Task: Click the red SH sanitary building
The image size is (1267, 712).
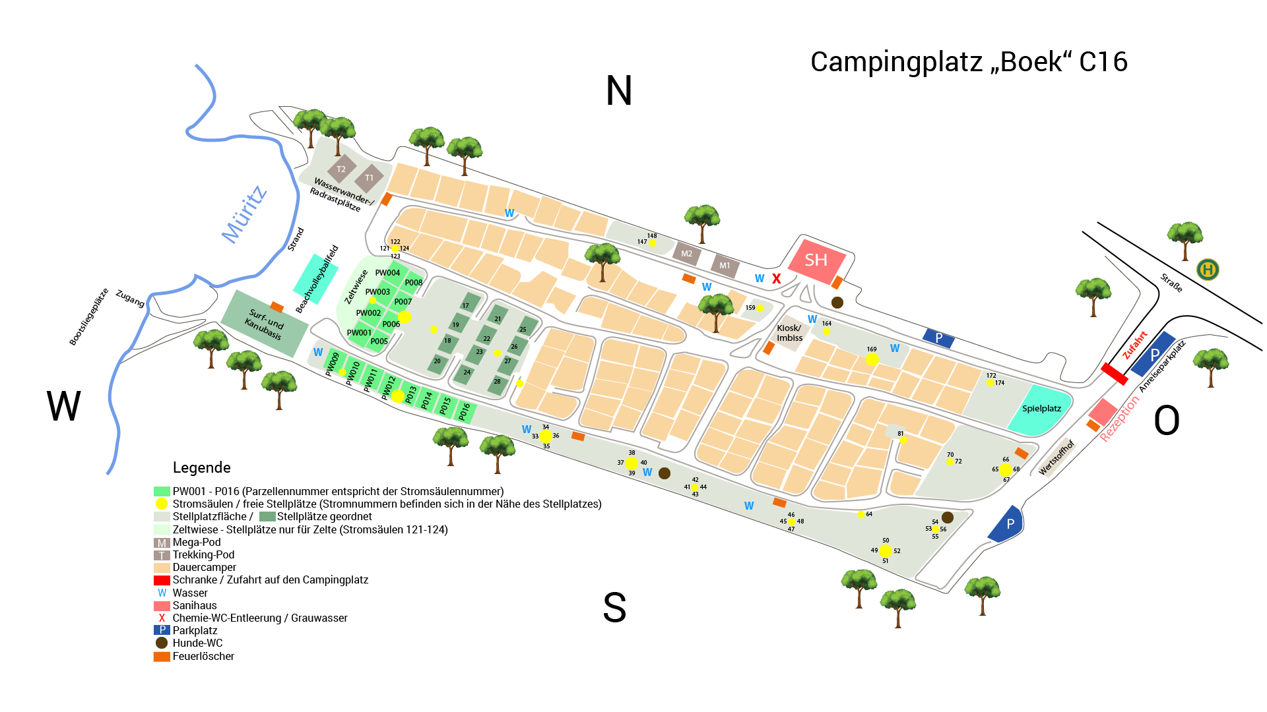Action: [x=817, y=261]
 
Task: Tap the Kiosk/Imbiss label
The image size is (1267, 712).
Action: [x=789, y=333]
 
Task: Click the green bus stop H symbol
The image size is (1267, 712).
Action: [x=1208, y=270]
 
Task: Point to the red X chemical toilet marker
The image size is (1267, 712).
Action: [x=777, y=279]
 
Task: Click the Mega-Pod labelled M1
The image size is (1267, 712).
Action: [x=725, y=266]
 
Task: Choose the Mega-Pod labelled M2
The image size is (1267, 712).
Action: [x=687, y=254]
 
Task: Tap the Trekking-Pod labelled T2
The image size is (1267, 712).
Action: [x=341, y=169]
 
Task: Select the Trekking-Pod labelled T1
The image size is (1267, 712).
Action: [x=369, y=178]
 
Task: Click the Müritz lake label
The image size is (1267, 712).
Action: [x=244, y=214]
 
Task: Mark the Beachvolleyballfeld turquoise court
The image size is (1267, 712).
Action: [x=315, y=279]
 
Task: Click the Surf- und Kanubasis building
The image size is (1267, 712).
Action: [x=264, y=324]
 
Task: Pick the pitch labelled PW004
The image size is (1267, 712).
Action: [x=387, y=273]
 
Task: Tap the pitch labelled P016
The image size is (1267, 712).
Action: [x=465, y=412]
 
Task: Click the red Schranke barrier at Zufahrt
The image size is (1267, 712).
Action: [x=1115, y=374]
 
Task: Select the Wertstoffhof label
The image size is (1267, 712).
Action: [x=1056, y=457]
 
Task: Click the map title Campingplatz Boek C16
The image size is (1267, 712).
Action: [x=969, y=62]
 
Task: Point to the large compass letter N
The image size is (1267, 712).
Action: [x=619, y=91]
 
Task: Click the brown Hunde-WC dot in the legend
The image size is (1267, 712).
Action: [x=162, y=643]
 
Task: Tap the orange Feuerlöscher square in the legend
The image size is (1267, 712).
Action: [x=162, y=657]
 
